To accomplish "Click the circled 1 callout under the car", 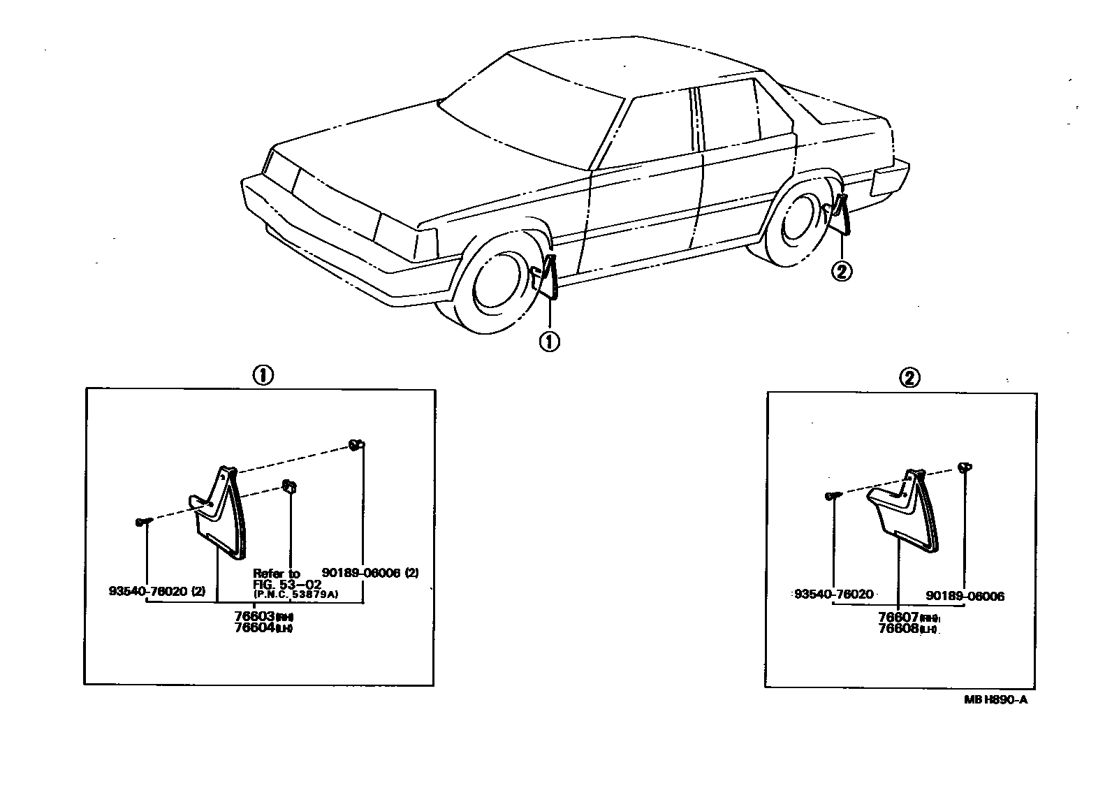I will tap(549, 342).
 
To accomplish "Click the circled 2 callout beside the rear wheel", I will tap(841, 271).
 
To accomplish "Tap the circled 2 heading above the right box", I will tap(909, 378).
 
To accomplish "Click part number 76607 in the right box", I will tap(898, 618).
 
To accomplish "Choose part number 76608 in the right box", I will tap(898, 629).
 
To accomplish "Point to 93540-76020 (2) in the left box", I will tap(157, 591).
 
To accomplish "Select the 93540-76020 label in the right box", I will tap(834, 595).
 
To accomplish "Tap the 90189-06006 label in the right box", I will tap(965, 597).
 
